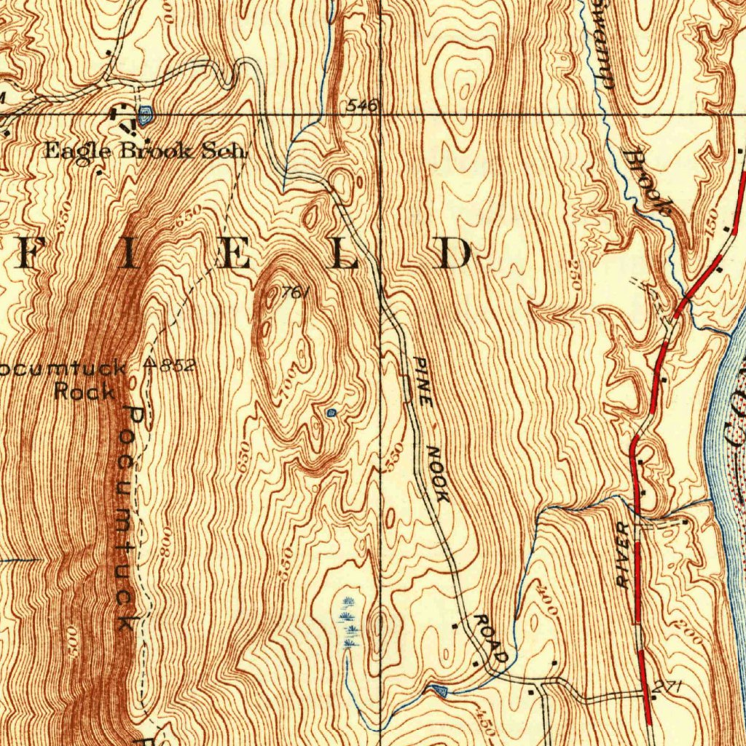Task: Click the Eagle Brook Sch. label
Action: (146, 152)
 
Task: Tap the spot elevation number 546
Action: (362, 106)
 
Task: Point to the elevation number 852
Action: (177, 366)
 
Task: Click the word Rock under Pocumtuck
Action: (85, 391)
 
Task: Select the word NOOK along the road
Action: (438, 474)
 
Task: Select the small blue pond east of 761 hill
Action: (331, 413)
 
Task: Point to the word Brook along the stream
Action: (648, 182)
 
